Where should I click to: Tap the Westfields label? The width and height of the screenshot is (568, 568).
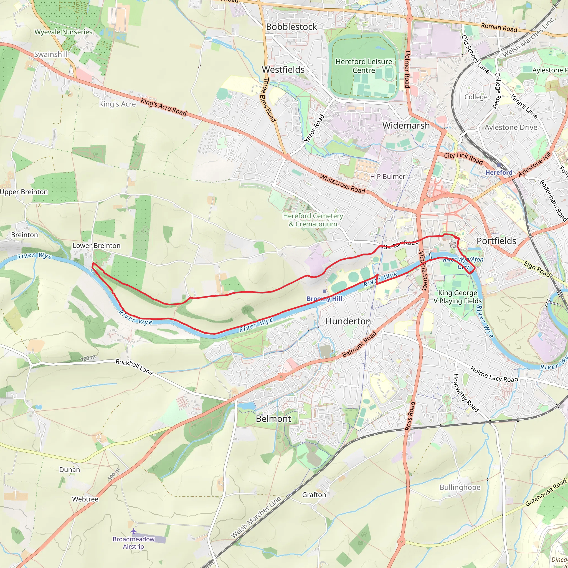coord(283,70)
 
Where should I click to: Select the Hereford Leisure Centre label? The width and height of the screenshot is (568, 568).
coord(364,66)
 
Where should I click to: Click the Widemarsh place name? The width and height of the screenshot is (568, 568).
coord(406,126)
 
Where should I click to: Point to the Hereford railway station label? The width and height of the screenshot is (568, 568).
coord(499,173)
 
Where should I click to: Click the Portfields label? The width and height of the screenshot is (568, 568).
coord(496,241)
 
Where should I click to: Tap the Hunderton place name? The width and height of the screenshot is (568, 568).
coord(348,321)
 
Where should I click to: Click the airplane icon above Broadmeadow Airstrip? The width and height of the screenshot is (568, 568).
coord(134,531)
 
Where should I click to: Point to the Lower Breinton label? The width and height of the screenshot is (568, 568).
coord(97,245)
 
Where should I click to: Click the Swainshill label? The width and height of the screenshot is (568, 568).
coord(51,54)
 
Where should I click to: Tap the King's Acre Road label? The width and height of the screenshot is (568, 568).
coord(163,107)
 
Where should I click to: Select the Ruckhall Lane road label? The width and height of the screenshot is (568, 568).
coord(134,367)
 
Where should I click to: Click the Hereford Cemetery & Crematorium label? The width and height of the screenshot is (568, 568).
coord(313,220)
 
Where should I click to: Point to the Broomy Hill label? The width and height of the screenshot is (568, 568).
coord(324,299)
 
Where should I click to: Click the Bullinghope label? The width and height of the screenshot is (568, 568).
coord(460,488)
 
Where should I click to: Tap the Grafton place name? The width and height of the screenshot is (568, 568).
coord(314,495)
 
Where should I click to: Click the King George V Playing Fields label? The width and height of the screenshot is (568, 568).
coord(457,297)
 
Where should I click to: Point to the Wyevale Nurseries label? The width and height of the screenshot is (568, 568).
coord(63,32)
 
